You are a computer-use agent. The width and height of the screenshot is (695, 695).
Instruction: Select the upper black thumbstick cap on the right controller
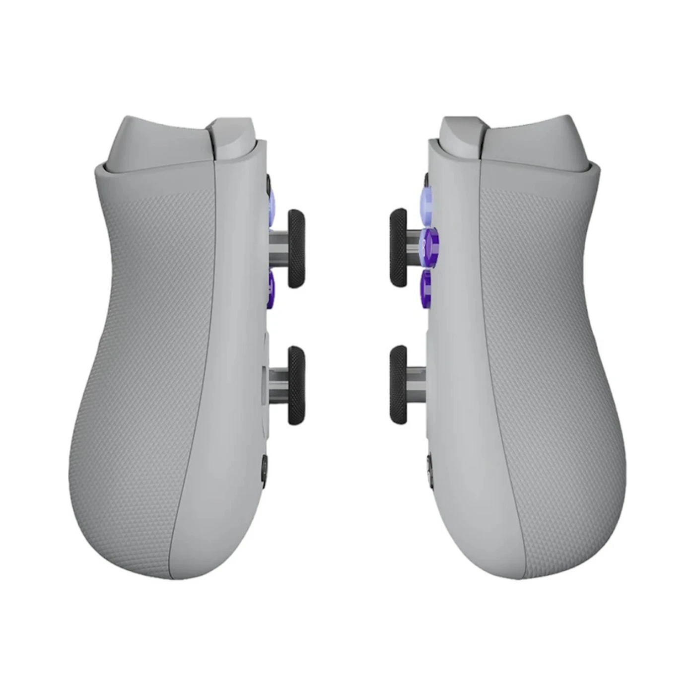tap(399, 248)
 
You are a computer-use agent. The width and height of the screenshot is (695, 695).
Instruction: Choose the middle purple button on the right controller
tap(428, 242)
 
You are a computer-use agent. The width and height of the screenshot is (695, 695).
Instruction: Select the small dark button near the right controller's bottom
tap(429, 469)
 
